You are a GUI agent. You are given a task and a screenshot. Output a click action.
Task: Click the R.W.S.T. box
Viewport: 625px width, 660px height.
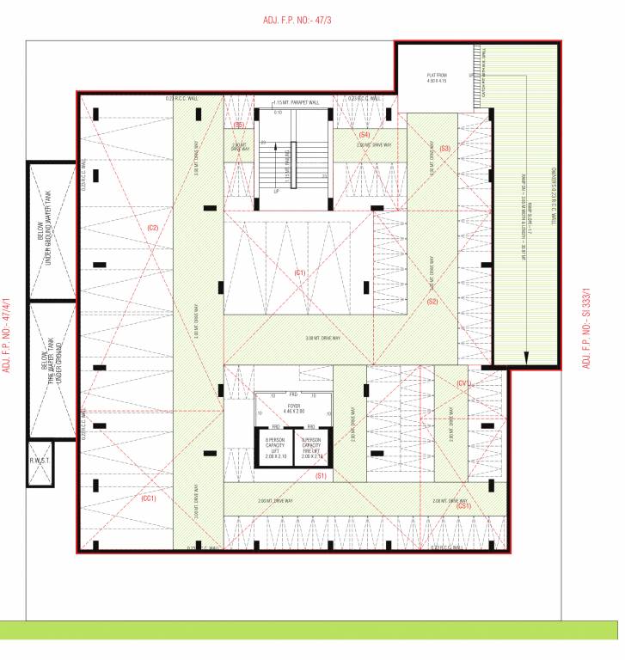pyautogui.click(x=40, y=463)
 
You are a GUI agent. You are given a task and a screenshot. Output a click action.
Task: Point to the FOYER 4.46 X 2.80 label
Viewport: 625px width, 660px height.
pyautogui.click(x=294, y=408)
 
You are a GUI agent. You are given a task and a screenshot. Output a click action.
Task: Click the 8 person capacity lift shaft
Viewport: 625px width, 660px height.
pyautogui.click(x=275, y=448)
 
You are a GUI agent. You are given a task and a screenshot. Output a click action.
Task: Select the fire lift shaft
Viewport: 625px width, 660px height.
pyautogui.click(x=311, y=448)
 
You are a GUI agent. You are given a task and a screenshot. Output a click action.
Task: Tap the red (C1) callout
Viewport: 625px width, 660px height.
pyautogui.click(x=299, y=272)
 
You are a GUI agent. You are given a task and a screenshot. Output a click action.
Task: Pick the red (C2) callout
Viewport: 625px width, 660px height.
pyautogui.click(x=153, y=227)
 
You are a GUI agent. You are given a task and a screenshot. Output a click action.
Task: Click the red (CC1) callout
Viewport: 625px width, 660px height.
pyautogui.click(x=148, y=498)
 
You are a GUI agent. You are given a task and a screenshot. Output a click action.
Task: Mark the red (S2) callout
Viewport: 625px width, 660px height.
pyautogui.click(x=432, y=301)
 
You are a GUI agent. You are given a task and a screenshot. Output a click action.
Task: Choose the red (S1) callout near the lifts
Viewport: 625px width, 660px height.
pyautogui.click(x=322, y=475)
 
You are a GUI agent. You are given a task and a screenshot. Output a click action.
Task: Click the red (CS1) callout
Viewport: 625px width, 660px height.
pyautogui.click(x=464, y=506)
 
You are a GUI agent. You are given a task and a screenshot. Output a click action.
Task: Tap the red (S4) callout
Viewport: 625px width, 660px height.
pyautogui.click(x=364, y=135)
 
